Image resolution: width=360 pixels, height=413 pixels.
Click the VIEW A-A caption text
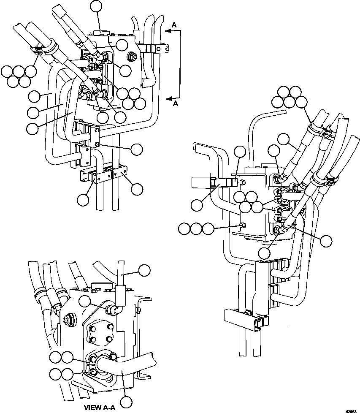99,408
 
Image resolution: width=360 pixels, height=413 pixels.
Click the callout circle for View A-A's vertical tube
144,270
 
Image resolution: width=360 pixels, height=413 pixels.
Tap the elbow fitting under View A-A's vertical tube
111,310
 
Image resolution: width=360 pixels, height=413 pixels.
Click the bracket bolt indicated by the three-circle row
241,225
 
